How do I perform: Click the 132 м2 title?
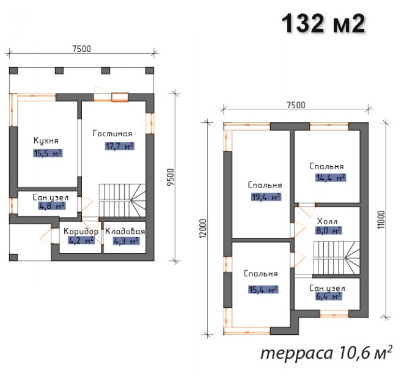click(323, 23)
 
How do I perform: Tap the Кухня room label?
click(46, 141)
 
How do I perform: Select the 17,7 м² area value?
click(120, 146)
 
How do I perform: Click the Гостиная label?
click(112, 133)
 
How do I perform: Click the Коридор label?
click(81, 231)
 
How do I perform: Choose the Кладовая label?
click(125, 231)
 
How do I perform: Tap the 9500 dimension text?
click(171, 177)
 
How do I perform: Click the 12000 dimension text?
click(203, 229)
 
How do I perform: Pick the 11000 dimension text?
click(381, 220)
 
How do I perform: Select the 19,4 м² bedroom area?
click(266, 197)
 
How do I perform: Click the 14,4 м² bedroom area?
click(331, 178)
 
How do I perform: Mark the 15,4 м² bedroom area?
click(263, 290)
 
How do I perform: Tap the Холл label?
click(327, 221)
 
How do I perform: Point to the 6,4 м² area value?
click(328, 296)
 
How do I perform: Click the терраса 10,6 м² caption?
click(326, 353)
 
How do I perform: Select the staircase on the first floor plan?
click(122, 200)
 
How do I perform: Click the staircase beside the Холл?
click(336, 258)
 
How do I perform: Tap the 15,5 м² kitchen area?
click(48, 153)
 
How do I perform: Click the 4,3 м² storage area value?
click(127, 241)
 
